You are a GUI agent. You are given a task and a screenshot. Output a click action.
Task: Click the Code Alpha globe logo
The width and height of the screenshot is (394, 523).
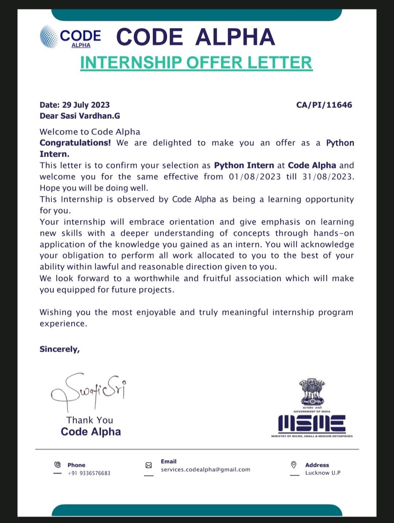coord(49,36)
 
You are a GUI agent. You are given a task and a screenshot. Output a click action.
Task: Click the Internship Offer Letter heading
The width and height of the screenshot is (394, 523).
coord(196,63)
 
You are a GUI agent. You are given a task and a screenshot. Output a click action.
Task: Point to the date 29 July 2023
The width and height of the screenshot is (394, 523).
coord(86,105)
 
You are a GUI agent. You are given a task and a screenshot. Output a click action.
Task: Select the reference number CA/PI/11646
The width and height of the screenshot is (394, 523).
coord(324,105)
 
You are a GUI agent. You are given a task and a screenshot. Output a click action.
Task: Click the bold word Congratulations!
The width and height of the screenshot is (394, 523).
coord(75,143)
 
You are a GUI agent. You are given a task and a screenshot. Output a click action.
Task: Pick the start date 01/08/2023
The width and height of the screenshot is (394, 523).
coord(255,177)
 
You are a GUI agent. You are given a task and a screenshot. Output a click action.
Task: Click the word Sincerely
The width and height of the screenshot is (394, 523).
coord(59,349)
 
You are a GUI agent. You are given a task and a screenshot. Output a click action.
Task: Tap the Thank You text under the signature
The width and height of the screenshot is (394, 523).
coord(90,420)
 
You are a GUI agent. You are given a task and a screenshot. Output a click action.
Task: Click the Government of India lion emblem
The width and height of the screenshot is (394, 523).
coord(312,392)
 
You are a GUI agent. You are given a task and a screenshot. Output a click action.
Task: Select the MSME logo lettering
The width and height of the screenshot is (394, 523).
coord(312,424)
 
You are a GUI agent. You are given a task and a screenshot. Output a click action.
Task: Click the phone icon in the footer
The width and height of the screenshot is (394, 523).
coord(57,465)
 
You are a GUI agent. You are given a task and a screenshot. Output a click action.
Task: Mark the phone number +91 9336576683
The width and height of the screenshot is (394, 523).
coord(89,473)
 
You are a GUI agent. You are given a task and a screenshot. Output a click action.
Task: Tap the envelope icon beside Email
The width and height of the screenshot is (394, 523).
coord(148,465)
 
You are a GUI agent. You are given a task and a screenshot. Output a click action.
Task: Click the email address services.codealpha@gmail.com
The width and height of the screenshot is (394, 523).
coord(206,469)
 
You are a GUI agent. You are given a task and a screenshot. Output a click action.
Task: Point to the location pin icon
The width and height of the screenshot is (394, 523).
coord(294,465)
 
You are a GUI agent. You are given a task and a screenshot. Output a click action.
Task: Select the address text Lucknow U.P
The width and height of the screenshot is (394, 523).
coord(323,473)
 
